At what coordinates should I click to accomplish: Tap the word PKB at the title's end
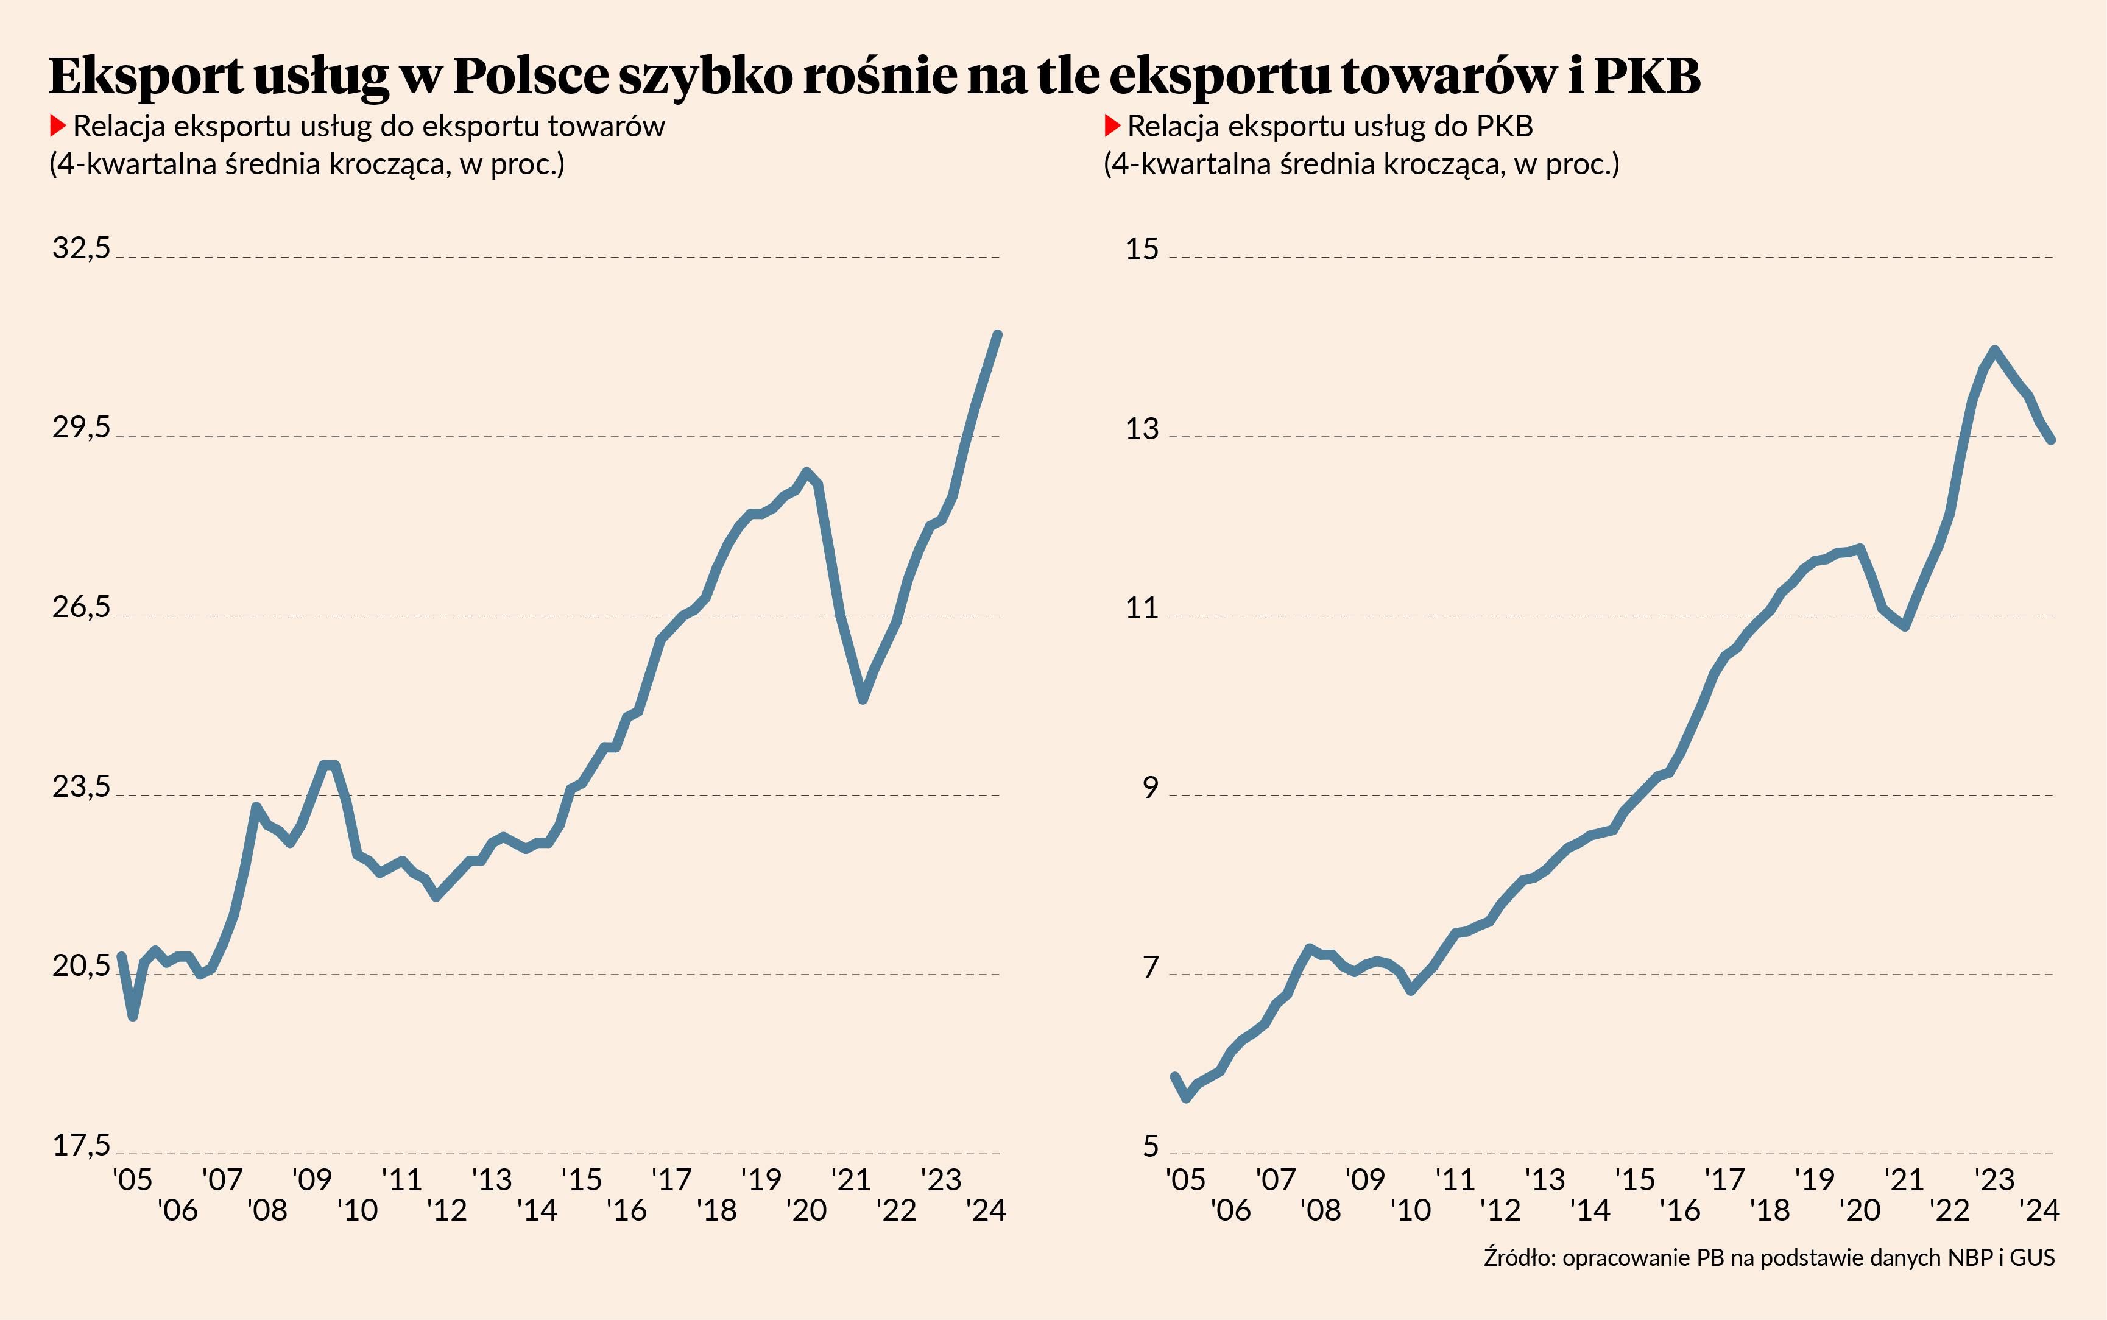point(1647,76)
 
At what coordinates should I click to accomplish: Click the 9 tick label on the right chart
point(1151,788)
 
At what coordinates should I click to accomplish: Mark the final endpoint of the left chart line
point(998,334)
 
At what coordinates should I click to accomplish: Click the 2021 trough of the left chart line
point(863,699)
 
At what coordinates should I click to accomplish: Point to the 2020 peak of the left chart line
point(806,471)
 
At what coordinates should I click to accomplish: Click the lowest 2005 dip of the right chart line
point(1186,1098)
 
